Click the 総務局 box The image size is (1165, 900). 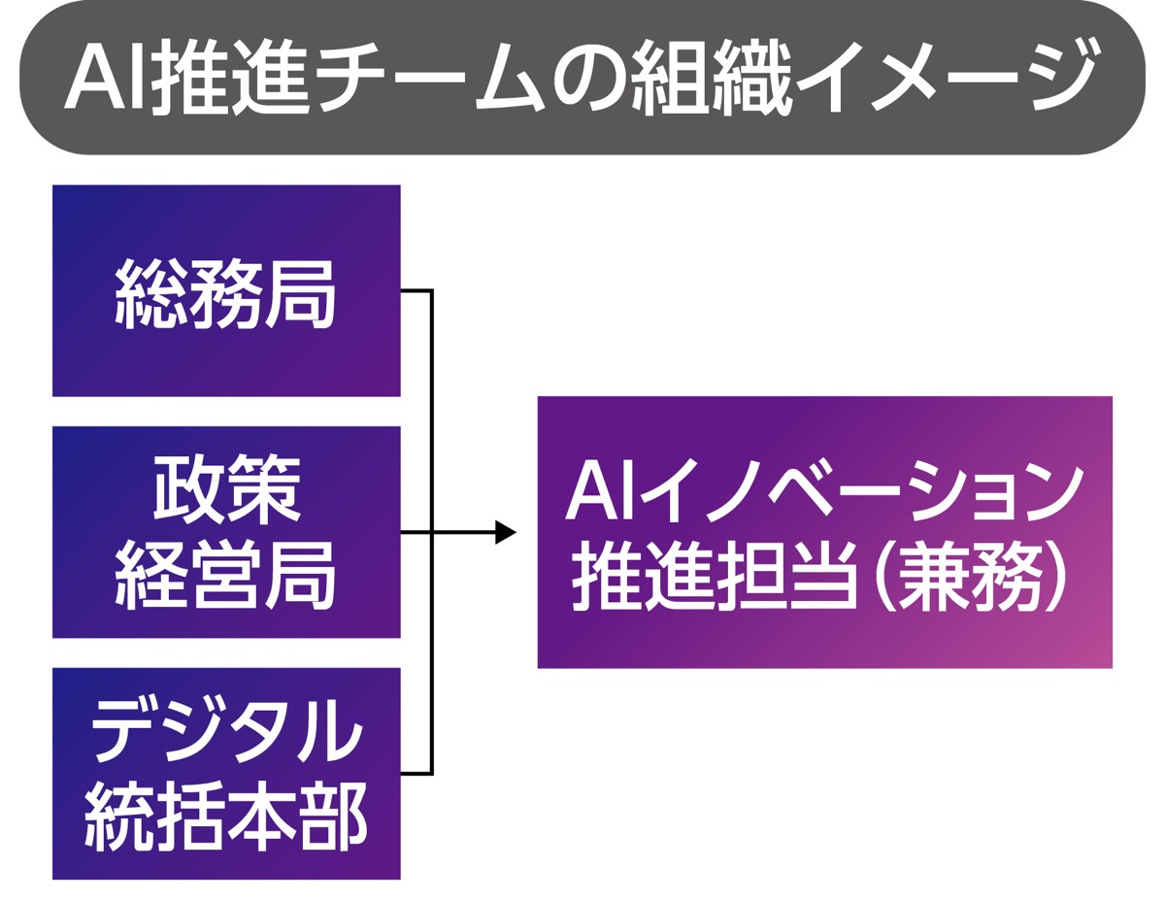(226, 290)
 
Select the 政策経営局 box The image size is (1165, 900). (226, 532)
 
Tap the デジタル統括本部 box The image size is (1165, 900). (226, 773)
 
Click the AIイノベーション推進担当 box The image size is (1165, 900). (824, 532)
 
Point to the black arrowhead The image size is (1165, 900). (505, 532)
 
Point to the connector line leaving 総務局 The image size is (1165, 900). (416, 290)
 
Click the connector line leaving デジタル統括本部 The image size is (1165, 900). (416, 774)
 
